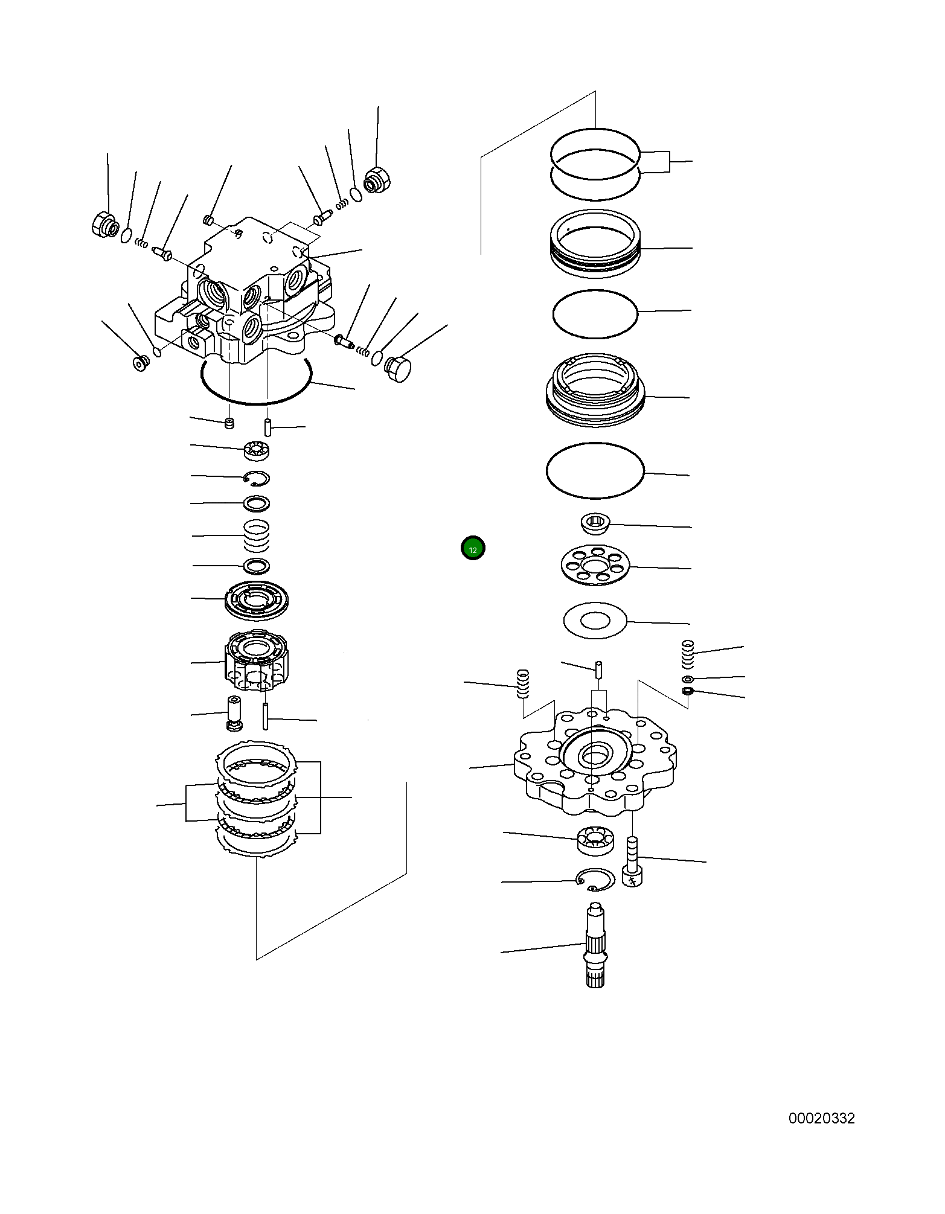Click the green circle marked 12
pos(473,549)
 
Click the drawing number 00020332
pos(821,1118)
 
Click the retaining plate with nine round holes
pos(595,565)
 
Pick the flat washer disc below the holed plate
pos(595,620)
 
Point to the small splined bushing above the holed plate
pos(595,523)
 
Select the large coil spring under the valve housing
pos(257,535)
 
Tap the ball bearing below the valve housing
pos(257,450)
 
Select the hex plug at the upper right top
pos(378,180)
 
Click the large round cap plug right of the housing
pos(397,369)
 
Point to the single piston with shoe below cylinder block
pos(234,713)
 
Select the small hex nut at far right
pos(687,691)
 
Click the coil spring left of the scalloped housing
pos(523,683)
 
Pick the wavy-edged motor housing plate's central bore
pos(595,755)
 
